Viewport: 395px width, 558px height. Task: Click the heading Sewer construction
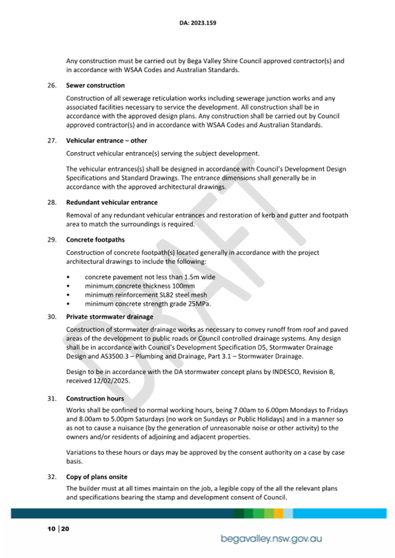pyautogui.click(x=95, y=85)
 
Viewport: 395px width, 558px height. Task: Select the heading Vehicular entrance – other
pyautogui.click(x=107, y=141)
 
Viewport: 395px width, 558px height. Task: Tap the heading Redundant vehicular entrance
pyautogui.click(x=112, y=203)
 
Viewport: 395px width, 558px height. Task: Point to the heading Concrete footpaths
pyautogui.click(x=95, y=239)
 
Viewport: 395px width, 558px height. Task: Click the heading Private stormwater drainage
pyautogui.click(x=109, y=317)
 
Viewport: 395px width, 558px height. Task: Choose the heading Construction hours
pyautogui.click(x=96, y=399)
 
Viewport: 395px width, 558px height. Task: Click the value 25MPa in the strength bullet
pyautogui.click(x=197, y=304)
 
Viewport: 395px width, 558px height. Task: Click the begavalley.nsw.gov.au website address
pyautogui.click(x=272, y=539)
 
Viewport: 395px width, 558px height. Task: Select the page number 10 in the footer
pyautogui.click(x=51, y=529)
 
